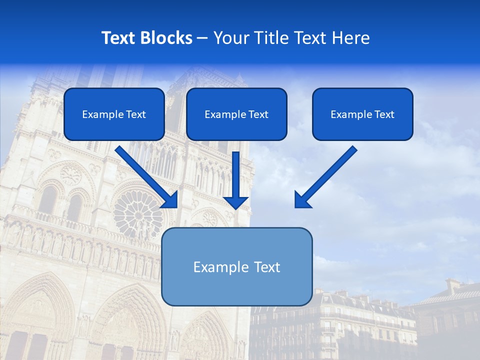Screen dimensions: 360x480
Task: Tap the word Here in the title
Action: tap(350, 38)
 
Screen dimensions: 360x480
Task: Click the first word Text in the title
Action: tap(120, 38)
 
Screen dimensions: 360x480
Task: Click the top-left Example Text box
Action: tap(114, 114)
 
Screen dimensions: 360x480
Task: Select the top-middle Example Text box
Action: tap(236, 114)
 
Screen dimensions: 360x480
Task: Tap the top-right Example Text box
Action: tap(362, 114)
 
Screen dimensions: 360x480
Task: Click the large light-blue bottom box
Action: tap(236, 266)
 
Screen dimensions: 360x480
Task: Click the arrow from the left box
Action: tap(145, 175)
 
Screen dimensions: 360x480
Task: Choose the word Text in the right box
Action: tap(384, 114)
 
